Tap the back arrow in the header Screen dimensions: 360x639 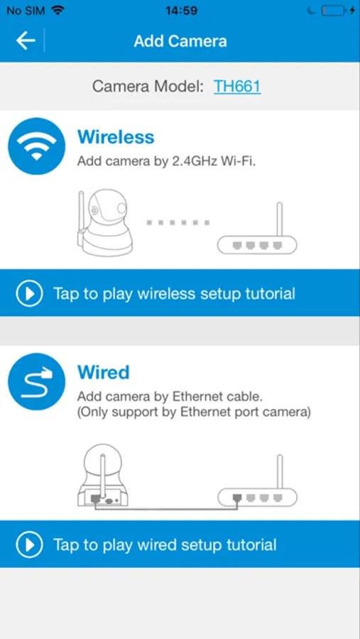click(x=26, y=41)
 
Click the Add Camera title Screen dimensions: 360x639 click(x=180, y=41)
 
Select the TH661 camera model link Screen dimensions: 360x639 click(x=237, y=87)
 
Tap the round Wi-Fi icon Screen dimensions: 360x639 click(x=37, y=146)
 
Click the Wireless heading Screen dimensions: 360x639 click(x=116, y=136)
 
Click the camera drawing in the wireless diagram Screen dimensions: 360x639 click(x=104, y=222)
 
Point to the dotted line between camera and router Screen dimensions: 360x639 click(x=178, y=222)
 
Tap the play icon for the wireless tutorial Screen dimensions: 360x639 click(x=29, y=293)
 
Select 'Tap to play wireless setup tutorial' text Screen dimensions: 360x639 click(x=174, y=293)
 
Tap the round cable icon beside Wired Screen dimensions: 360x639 click(x=37, y=381)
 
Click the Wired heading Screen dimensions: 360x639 click(x=104, y=372)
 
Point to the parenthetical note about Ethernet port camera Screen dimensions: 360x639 click(x=194, y=413)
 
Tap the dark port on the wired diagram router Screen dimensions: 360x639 click(x=237, y=498)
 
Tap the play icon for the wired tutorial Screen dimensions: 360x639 click(x=29, y=545)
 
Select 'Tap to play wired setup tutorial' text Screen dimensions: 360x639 click(x=165, y=545)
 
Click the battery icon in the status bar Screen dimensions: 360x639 click(x=333, y=11)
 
